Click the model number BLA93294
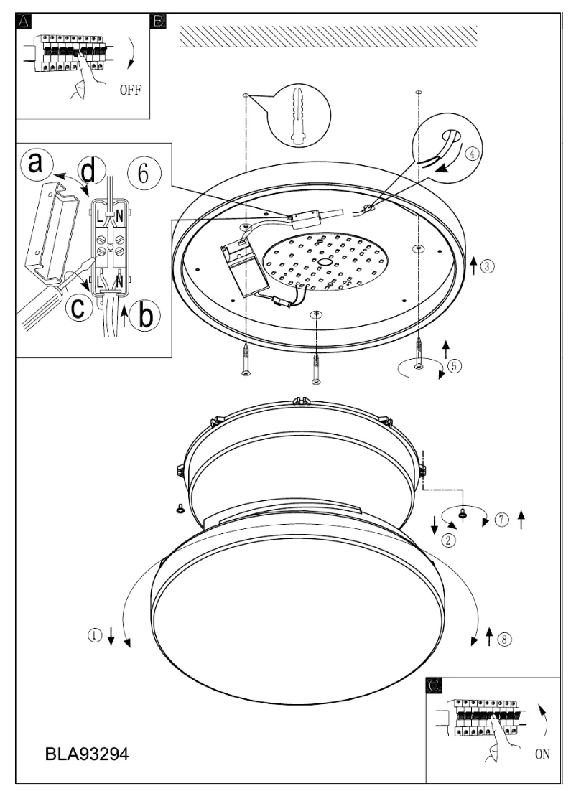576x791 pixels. click(88, 755)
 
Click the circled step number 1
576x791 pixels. click(93, 635)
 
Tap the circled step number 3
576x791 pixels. click(487, 266)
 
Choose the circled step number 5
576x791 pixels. click(454, 364)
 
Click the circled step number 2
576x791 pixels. click(449, 540)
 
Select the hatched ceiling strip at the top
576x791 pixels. click(328, 37)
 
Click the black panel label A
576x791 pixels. click(24, 21)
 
